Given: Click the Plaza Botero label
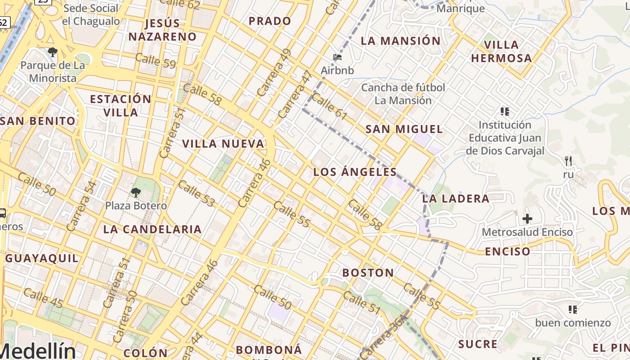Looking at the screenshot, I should click(x=136, y=206).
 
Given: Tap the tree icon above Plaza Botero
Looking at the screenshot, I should click(x=135, y=193).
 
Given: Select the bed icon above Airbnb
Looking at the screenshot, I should click(x=337, y=57).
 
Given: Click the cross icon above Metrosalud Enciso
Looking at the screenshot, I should click(x=527, y=219).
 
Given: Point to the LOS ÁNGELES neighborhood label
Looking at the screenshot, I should click(x=355, y=172).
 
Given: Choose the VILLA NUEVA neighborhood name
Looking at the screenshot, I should click(x=223, y=144).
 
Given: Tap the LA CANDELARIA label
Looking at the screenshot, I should click(x=152, y=229).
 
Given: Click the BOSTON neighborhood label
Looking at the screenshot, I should click(x=368, y=273).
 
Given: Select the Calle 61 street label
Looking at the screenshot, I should click(x=329, y=107).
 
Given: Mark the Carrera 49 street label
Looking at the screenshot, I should click(x=274, y=73).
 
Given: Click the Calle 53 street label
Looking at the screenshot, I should click(x=196, y=193).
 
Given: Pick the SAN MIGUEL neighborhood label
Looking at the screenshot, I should click(x=404, y=130).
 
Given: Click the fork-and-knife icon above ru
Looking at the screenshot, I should click(x=568, y=161).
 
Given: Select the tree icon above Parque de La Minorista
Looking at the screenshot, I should click(x=53, y=52).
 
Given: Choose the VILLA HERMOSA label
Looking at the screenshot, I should click(x=501, y=51).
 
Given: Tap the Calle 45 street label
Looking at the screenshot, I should click(x=43, y=298).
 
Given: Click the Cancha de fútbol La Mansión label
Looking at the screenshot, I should click(x=403, y=94).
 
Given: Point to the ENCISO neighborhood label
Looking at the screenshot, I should click(x=507, y=252).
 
